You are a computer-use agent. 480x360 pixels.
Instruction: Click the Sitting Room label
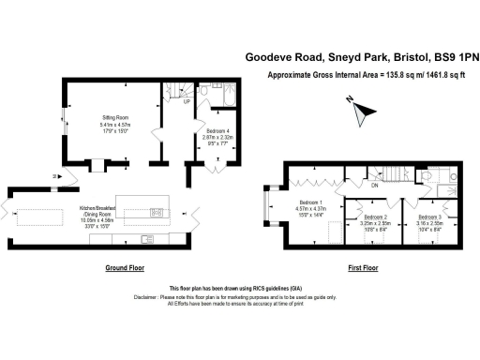(x=115, y=118)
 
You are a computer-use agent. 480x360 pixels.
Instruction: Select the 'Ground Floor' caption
(x=125, y=268)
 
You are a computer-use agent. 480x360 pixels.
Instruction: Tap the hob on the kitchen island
(x=155, y=211)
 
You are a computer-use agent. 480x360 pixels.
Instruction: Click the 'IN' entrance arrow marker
(x=57, y=176)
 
